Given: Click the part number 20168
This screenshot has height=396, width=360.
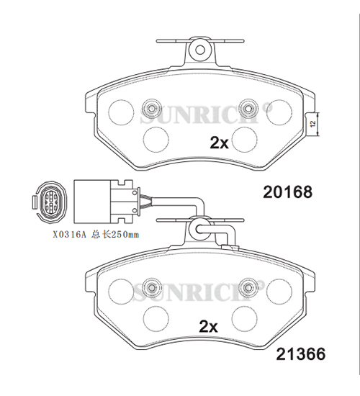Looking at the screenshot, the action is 287,192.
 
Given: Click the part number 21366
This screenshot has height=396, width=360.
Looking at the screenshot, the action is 301,354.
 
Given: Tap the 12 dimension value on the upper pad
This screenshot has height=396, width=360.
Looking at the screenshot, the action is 313,124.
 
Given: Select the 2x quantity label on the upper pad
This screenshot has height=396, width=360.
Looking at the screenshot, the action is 220,143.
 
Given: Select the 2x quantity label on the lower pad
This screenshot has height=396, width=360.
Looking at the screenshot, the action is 208,327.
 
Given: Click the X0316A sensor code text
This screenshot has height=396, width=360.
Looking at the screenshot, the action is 69,235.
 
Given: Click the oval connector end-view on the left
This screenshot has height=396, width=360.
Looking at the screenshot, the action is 50,202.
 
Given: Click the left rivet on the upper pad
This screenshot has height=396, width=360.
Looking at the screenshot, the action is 152,109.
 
